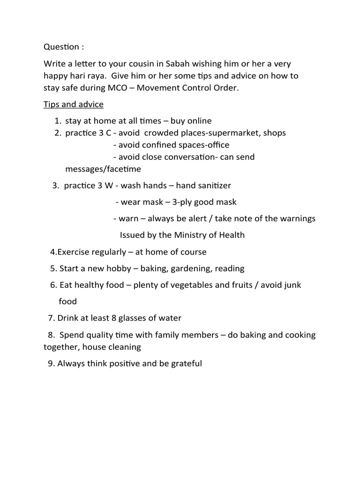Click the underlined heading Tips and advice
[74, 104]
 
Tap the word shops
[275, 133]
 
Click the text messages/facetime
[103, 169]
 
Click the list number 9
[50, 363]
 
